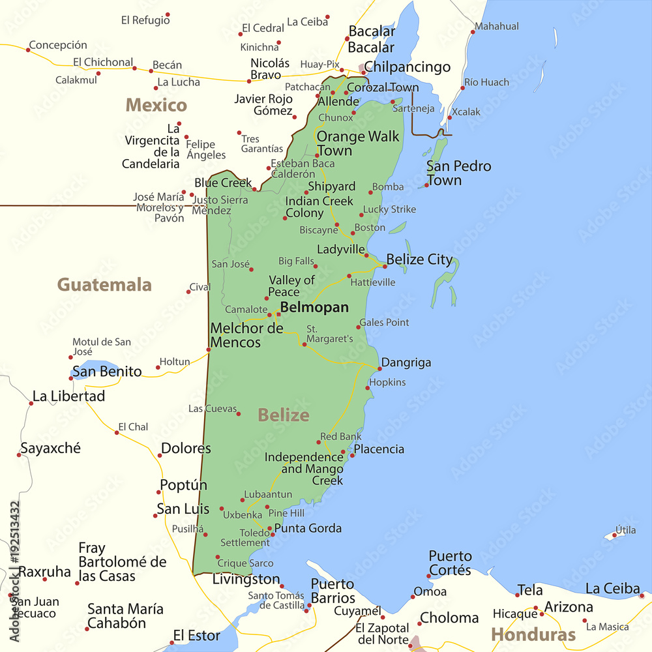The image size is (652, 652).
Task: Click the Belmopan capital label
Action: click(314, 307)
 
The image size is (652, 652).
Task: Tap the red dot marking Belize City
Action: click(385, 266)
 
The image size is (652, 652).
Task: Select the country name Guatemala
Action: click(104, 285)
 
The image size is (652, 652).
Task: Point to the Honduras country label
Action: click(533, 634)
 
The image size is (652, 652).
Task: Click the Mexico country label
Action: click(156, 105)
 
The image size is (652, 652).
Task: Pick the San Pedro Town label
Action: click(458, 173)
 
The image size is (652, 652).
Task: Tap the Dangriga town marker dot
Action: click(379, 370)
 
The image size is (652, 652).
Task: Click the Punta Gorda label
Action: click(308, 528)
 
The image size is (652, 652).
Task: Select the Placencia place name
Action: click(379, 449)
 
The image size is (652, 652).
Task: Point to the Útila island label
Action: click(625, 530)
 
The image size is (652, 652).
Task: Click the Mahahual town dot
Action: click(473, 32)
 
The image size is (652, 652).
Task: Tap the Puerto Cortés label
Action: click(450, 563)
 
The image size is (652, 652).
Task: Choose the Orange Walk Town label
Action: click(358, 143)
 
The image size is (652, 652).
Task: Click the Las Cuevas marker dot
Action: click(239, 413)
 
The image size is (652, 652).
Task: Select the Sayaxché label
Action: click(50, 449)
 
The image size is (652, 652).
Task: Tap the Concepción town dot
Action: click(28, 50)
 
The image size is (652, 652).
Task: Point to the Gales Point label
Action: click(385, 322)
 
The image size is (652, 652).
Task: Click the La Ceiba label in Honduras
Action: click(612, 589)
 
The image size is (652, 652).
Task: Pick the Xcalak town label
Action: click(466, 112)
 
